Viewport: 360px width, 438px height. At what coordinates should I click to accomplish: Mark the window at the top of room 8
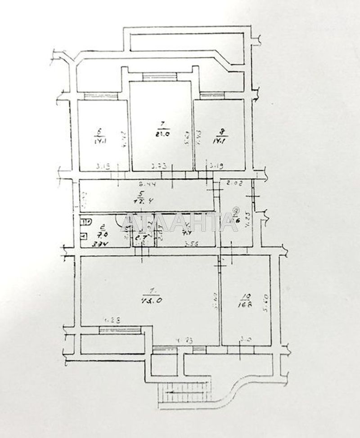(212, 95)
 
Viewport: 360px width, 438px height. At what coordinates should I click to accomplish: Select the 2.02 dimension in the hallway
(234, 183)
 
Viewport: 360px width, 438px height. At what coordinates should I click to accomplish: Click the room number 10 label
(245, 296)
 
